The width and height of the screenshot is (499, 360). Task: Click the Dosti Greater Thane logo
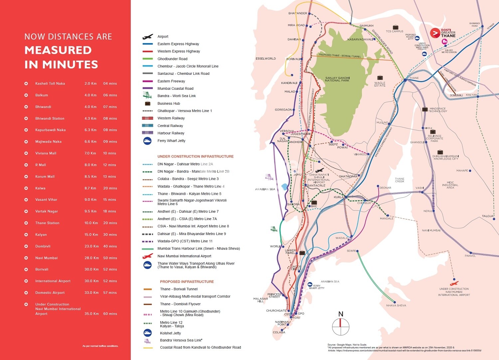pos(443,33)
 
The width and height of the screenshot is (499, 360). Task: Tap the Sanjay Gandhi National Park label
pos(337,79)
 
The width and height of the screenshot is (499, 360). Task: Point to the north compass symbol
pos(341,324)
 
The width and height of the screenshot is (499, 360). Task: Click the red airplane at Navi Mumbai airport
pos(454,284)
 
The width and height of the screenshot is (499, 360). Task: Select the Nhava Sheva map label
pos(396,305)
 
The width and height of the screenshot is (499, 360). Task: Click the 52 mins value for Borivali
pos(110,269)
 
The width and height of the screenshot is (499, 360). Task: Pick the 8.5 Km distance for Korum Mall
pos(90,177)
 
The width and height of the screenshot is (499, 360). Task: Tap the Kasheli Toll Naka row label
pos(50,83)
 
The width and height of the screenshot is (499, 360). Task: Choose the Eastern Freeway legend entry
pos(171,81)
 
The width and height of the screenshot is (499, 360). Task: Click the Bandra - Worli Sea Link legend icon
pos(147,96)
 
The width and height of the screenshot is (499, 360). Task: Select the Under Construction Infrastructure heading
pos(195,156)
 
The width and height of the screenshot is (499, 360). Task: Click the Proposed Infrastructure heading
pos(187,282)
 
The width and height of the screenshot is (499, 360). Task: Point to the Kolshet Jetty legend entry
pos(170,333)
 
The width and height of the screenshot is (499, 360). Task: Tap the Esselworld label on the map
pos(265,59)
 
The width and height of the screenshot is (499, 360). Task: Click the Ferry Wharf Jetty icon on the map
pos(310,285)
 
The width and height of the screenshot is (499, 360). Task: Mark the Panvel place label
pos(470,256)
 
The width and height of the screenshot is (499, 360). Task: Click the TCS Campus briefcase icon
pos(396,27)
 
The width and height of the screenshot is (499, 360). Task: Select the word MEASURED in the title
pos(58,50)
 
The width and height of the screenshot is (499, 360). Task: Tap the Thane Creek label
pos(400,180)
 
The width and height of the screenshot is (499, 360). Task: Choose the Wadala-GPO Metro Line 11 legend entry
pos(185,241)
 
